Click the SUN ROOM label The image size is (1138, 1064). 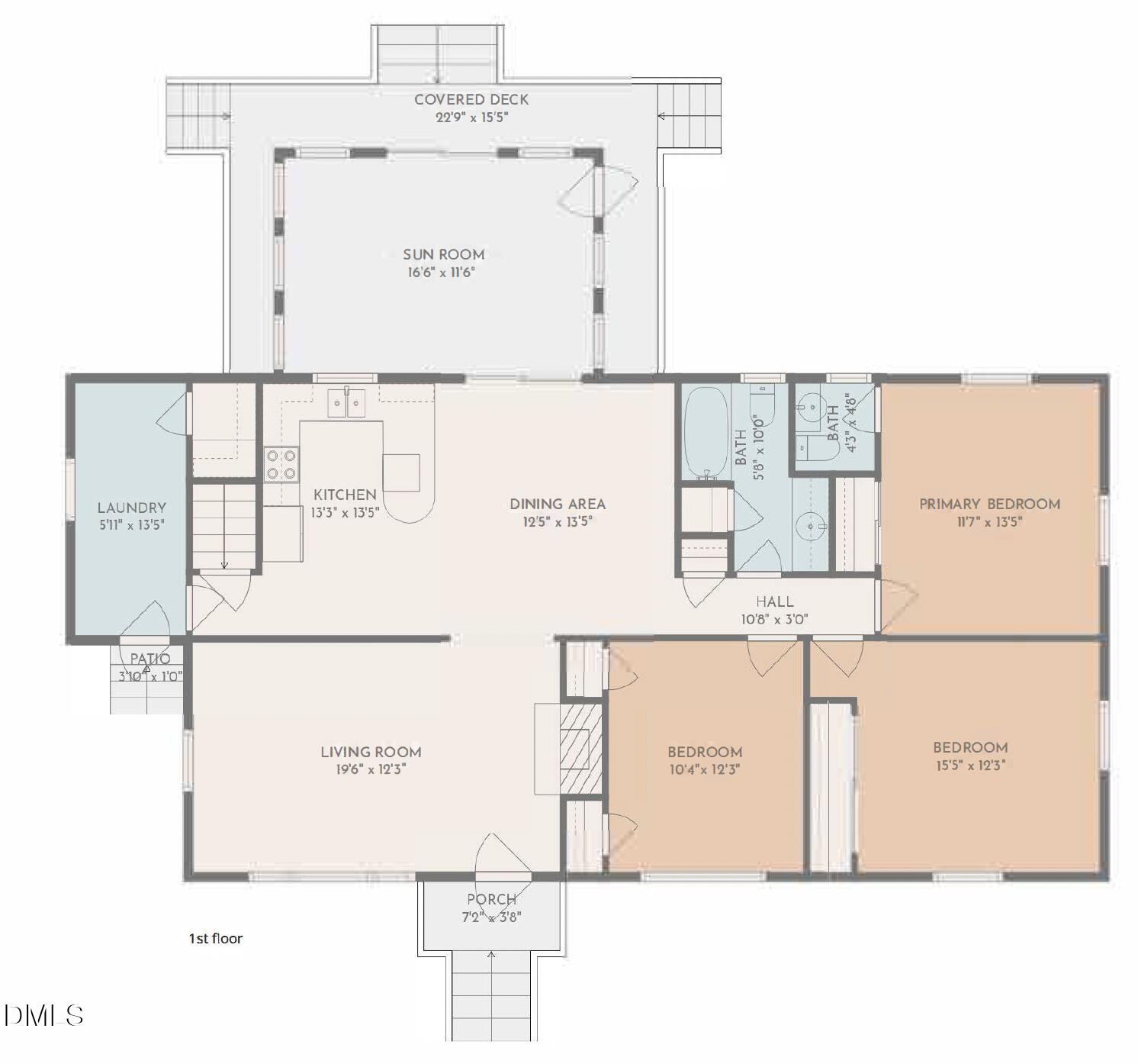pos(444,254)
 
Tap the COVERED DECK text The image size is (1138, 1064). pos(471,99)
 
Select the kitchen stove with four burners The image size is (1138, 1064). pos(281,464)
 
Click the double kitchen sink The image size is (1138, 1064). pos(346,402)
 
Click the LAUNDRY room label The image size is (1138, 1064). pos(131,508)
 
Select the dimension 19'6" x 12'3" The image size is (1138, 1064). pos(371,769)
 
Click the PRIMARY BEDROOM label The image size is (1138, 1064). pos(989,504)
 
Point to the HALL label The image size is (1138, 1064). pos(774,601)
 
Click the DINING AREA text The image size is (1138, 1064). pos(558,504)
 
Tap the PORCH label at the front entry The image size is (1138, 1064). pos(491,899)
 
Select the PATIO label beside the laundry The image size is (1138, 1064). pos(150,659)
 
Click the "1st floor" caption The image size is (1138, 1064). pos(216,938)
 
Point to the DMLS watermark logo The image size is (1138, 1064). pos(43,1015)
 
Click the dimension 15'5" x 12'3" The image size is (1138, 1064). pos(970,765)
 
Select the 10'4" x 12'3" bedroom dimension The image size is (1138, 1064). pos(705,769)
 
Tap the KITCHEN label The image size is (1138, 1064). pos(345,495)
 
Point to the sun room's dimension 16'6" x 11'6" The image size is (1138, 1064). pos(442,272)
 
